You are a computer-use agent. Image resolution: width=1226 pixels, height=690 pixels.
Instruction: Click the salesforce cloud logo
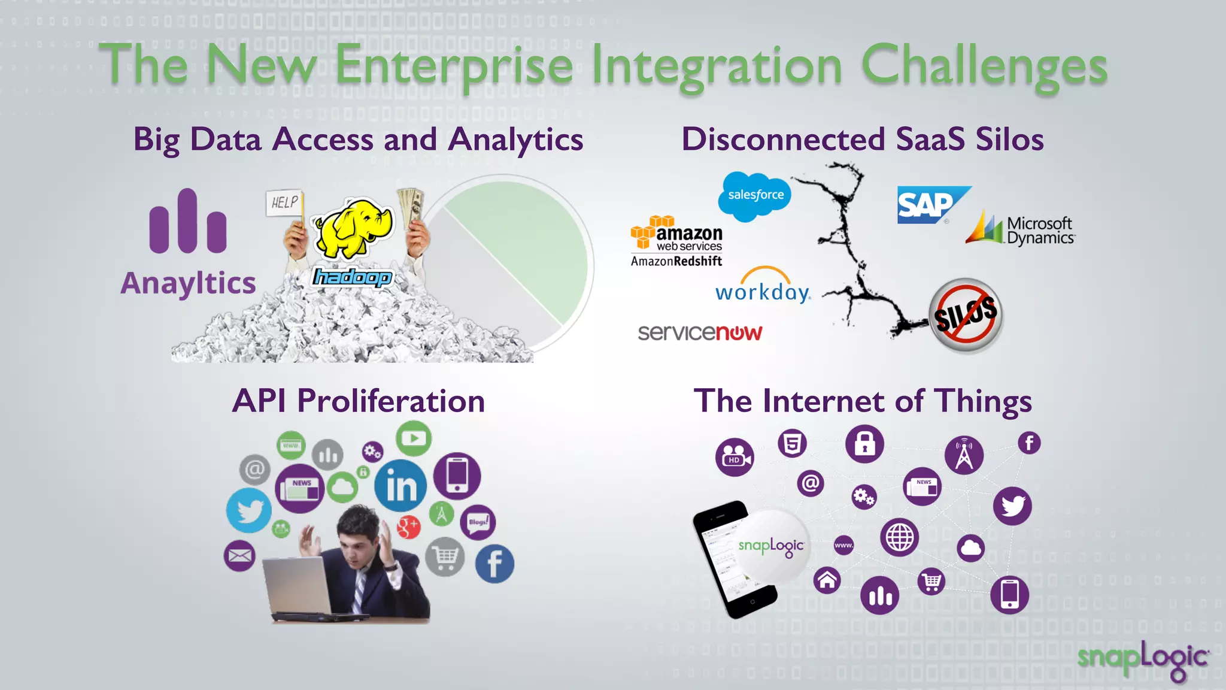tap(754, 196)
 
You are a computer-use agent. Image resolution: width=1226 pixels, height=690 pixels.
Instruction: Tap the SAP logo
tap(930, 205)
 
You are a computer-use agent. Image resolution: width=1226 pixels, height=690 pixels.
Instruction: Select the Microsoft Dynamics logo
tap(1021, 230)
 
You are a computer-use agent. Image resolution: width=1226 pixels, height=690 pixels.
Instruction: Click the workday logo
tap(763, 287)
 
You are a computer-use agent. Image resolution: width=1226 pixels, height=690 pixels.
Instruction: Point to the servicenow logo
tap(700, 332)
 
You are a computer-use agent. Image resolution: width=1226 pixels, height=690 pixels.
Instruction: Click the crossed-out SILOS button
tap(965, 314)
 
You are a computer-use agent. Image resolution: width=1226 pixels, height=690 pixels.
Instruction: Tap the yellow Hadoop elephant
tap(353, 228)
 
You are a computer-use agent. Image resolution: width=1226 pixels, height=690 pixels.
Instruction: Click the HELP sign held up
tap(284, 202)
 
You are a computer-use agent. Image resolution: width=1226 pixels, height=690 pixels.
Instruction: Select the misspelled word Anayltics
tap(188, 283)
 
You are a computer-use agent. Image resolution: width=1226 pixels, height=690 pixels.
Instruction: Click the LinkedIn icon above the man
tap(400, 485)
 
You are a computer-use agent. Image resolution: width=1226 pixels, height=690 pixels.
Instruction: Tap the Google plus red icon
tap(408, 526)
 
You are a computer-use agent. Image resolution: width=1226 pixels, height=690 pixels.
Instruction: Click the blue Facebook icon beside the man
tap(494, 564)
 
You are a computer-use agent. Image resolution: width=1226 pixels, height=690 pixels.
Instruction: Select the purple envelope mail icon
tap(239, 556)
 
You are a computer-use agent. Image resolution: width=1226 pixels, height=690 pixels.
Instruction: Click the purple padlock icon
tap(864, 444)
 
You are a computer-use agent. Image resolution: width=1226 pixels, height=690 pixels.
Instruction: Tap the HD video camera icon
tap(734, 458)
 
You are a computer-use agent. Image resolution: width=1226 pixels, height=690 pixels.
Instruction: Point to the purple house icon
tap(827, 580)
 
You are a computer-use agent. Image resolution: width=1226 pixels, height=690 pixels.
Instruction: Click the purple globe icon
tap(899, 537)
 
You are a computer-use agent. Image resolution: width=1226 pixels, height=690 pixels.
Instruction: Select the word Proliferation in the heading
tap(391, 401)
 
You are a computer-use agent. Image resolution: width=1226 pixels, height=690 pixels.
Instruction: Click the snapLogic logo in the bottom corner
tap(1143, 659)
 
